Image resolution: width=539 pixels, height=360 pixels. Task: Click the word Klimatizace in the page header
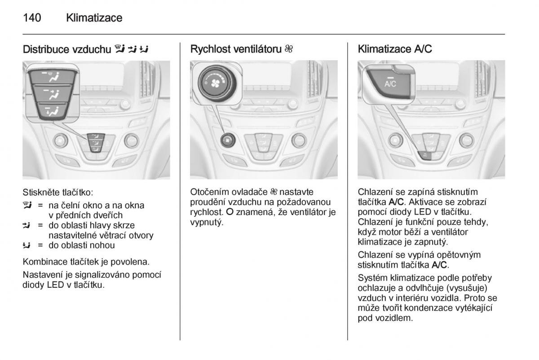click(x=94, y=18)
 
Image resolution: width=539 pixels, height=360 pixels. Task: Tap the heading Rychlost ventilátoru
click(x=236, y=49)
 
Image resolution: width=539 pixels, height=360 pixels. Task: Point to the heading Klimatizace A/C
click(x=395, y=49)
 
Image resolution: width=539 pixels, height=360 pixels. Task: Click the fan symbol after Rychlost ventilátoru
click(x=289, y=49)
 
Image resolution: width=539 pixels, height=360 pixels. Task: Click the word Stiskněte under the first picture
click(x=41, y=193)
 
